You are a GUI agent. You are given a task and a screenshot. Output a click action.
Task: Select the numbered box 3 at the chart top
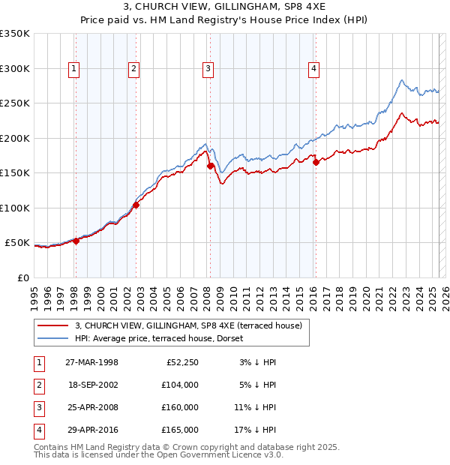click(x=208, y=69)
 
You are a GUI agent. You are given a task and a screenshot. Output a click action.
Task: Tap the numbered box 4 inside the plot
click(x=313, y=69)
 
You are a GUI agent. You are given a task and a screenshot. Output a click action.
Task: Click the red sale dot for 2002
click(x=136, y=205)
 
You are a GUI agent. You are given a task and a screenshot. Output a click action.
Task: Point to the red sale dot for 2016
click(x=316, y=161)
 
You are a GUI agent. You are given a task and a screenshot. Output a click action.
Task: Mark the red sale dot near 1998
click(x=76, y=241)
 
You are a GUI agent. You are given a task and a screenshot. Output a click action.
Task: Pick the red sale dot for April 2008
click(x=210, y=166)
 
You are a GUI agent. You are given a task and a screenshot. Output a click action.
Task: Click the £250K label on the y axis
click(x=15, y=103)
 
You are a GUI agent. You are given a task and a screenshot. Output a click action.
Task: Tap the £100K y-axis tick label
click(x=15, y=208)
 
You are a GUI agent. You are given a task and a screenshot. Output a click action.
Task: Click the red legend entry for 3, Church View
click(x=187, y=325)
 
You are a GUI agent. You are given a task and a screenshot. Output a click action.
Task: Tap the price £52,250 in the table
click(x=182, y=362)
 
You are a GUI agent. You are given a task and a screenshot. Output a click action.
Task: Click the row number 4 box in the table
click(x=37, y=430)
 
